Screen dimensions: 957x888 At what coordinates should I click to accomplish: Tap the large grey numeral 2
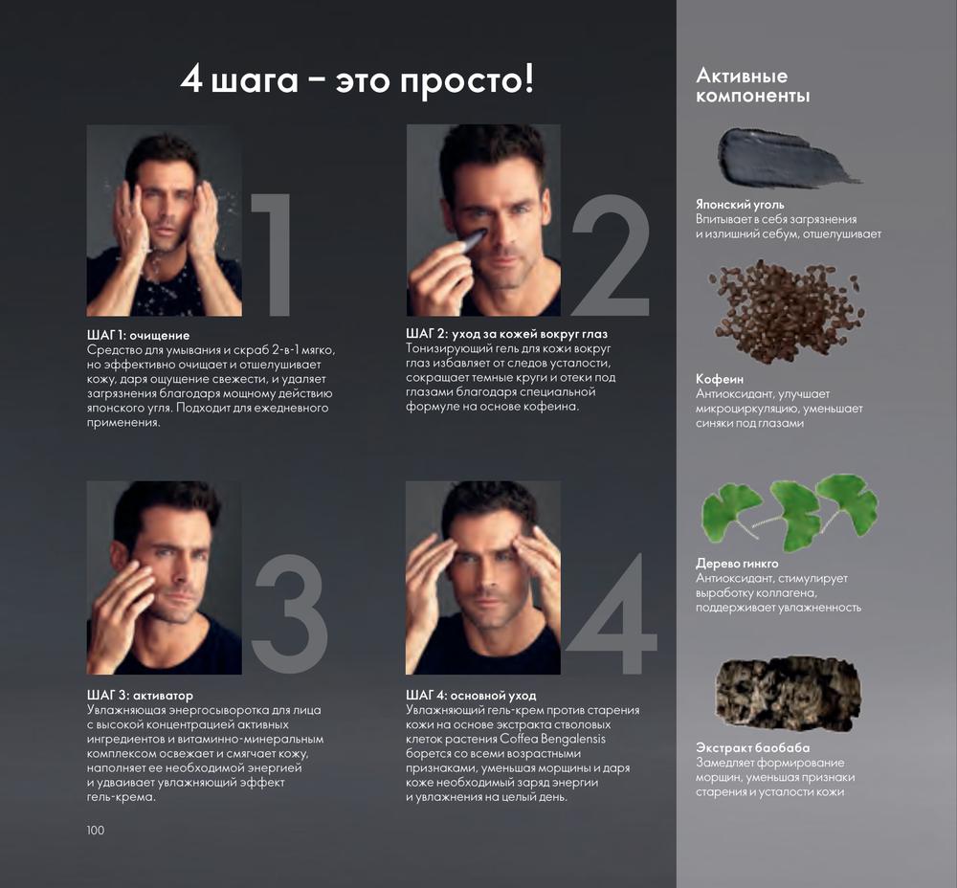coord(611,255)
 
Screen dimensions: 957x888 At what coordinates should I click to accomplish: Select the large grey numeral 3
coord(289,614)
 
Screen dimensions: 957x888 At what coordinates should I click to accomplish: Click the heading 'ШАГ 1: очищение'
coord(138,335)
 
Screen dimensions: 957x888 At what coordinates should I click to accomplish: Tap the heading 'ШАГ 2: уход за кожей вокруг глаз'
coord(506,334)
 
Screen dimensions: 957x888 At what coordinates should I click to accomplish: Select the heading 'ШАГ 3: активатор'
coord(140,695)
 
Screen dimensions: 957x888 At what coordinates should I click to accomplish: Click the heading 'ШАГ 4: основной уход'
coord(471,695)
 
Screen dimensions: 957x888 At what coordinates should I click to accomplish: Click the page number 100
coord(95,830)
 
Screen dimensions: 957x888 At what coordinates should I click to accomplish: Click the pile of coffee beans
coord(788,310)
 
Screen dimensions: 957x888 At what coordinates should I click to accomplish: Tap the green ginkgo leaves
coord(790,511)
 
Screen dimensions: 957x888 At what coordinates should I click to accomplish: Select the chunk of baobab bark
coord(789,694)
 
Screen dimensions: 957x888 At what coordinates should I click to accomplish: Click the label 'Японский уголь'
coord(740,205)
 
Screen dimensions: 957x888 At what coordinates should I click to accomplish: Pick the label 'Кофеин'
coord(720,379)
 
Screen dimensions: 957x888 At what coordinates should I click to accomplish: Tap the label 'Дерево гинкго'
coord(737,564)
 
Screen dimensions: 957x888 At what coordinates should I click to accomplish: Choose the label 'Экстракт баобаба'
coord(753,747)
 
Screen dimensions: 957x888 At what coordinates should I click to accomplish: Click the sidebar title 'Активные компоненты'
coord(752,85)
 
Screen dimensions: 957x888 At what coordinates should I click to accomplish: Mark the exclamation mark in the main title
coord(528,78)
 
